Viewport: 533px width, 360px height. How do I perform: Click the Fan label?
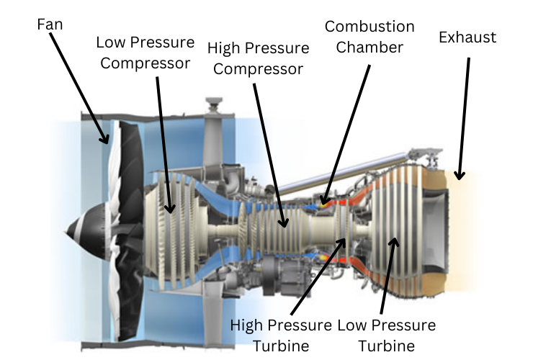click(x=49, y=24)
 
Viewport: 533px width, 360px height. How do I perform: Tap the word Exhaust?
click(x=467, y=37)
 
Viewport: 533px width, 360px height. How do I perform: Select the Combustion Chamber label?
click(x=369, y=37)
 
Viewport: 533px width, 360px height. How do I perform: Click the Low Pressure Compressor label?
click(x=145, y=52)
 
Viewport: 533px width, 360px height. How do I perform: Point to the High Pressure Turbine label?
click(x=281, y=335)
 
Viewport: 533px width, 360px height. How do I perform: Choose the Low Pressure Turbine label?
click(x=387, y=335)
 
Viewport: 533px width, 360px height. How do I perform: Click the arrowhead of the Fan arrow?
click(x=107, y=142)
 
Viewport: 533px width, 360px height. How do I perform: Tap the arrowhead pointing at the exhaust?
click(x=460, y=176)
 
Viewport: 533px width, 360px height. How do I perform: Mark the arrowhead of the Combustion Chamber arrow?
click(x=323, y=202)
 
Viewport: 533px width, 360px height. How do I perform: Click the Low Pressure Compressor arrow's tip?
click(x=171, y=211)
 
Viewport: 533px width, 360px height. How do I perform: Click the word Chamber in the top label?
click(x=369, y=47)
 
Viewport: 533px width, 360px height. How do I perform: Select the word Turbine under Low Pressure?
click(x=387, y=345)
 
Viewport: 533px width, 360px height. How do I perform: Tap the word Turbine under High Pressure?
click(x=281, y=345)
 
